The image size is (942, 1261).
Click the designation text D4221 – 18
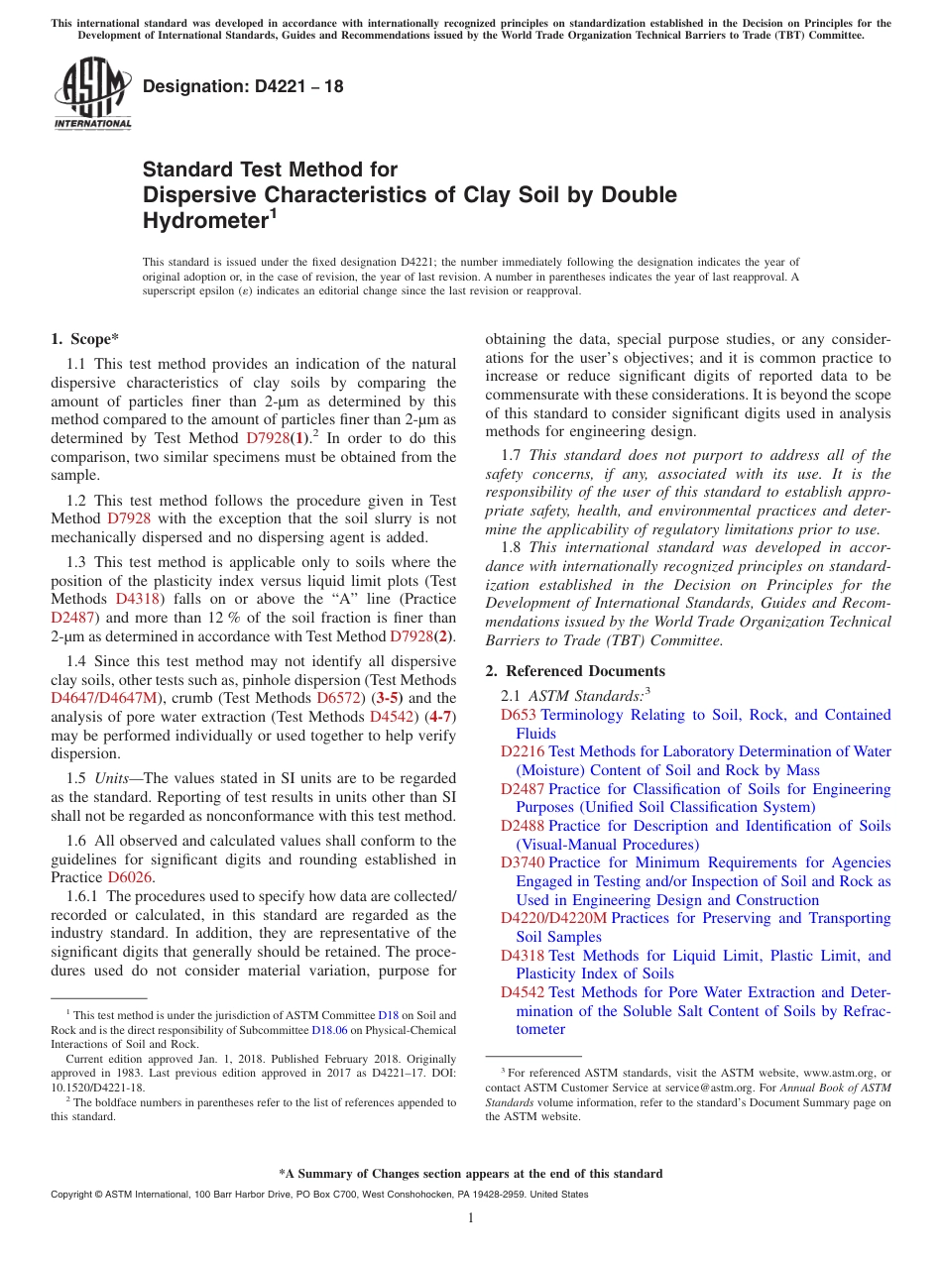pos(243,86)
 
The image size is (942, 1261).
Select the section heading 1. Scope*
pos(84,339)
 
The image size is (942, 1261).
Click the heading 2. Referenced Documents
pos(574,671)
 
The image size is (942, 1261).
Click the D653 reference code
pos(518,715)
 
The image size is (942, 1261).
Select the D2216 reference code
pos(523,752)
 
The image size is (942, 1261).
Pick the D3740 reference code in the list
pos(523,863)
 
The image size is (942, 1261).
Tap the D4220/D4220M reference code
pos(553,919)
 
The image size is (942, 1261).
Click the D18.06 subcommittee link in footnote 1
pos(325,1030)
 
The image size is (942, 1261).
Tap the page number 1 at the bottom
pos(471,1218)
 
